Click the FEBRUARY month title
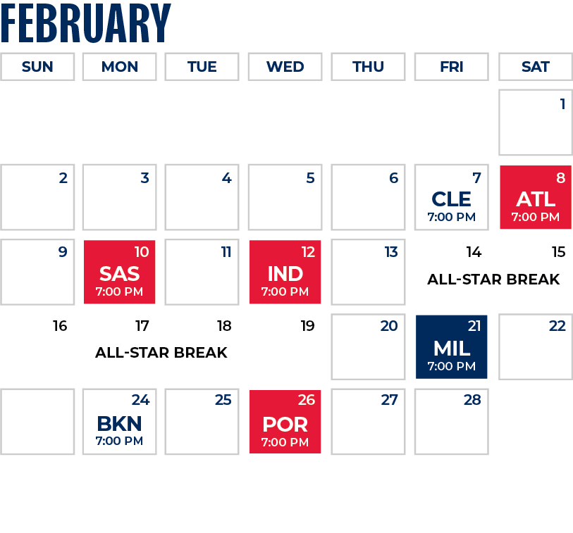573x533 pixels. point(86,23)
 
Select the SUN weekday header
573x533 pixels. point(37,67)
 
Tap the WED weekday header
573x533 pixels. point(285,67)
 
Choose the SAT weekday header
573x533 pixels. point(535,67)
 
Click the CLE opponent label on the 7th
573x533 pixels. point(451,199)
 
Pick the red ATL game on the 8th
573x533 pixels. point(536,197)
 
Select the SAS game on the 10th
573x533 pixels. point(119,272)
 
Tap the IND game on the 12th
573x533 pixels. point(285,272)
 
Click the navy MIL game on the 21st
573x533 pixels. point(451,346)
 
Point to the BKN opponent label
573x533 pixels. point(119,423)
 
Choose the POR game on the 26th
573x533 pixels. point(285,422)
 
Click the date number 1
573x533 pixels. point(562,104)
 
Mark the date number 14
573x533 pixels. point(474,252)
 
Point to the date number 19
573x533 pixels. point(307,326)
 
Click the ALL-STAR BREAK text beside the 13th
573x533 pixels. point(493,280)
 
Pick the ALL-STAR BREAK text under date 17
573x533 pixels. point(161,353)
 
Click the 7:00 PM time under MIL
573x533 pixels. point(451,366)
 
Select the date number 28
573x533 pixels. point(472,400)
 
